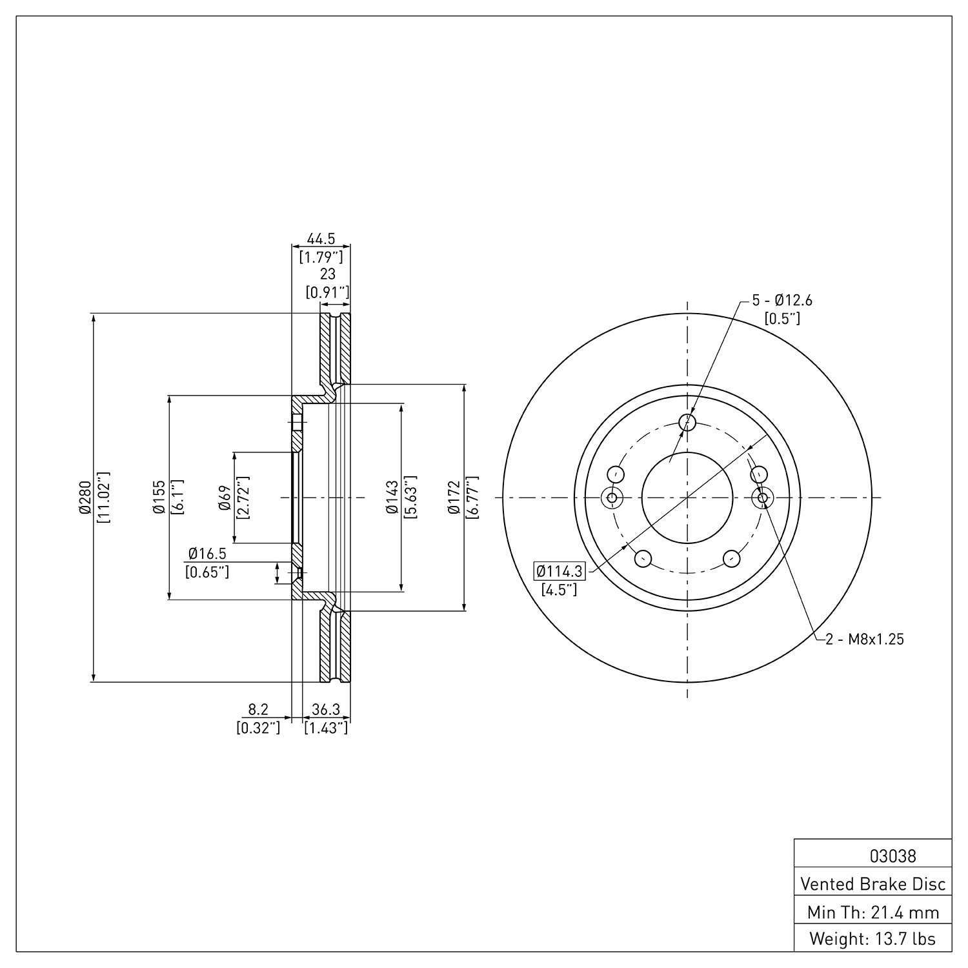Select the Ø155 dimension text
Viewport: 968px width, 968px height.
[x=159, y=497]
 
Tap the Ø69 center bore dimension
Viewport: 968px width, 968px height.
[x=225, y=497]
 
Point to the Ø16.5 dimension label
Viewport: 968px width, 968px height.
[x=207, y=554]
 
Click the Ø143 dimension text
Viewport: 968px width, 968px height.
[x=392, y=497]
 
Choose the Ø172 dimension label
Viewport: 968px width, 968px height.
[x=454, y=497]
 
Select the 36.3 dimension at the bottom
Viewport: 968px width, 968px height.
[x=326, y=709]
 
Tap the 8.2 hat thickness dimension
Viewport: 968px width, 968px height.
[x=258, y=709]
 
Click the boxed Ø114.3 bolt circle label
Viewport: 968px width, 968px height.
[x=560, y=571]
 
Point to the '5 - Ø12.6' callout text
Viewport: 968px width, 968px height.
[x=782, y=300]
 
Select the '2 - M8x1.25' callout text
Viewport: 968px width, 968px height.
[x=865, y=640]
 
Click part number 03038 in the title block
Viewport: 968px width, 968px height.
[x=892, y=856]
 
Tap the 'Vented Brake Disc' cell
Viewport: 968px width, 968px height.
[x=873, y=884]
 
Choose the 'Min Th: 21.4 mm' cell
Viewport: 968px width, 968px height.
[x=873, y=912]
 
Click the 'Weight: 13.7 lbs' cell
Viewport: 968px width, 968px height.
[x=873, y=939]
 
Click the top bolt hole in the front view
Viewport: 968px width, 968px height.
[x=688, y=423]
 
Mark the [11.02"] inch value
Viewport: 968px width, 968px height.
[x=103, y=497]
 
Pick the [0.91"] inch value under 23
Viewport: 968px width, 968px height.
[x=327, y=292]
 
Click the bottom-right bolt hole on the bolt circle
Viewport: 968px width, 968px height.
[x=732, y=558]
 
